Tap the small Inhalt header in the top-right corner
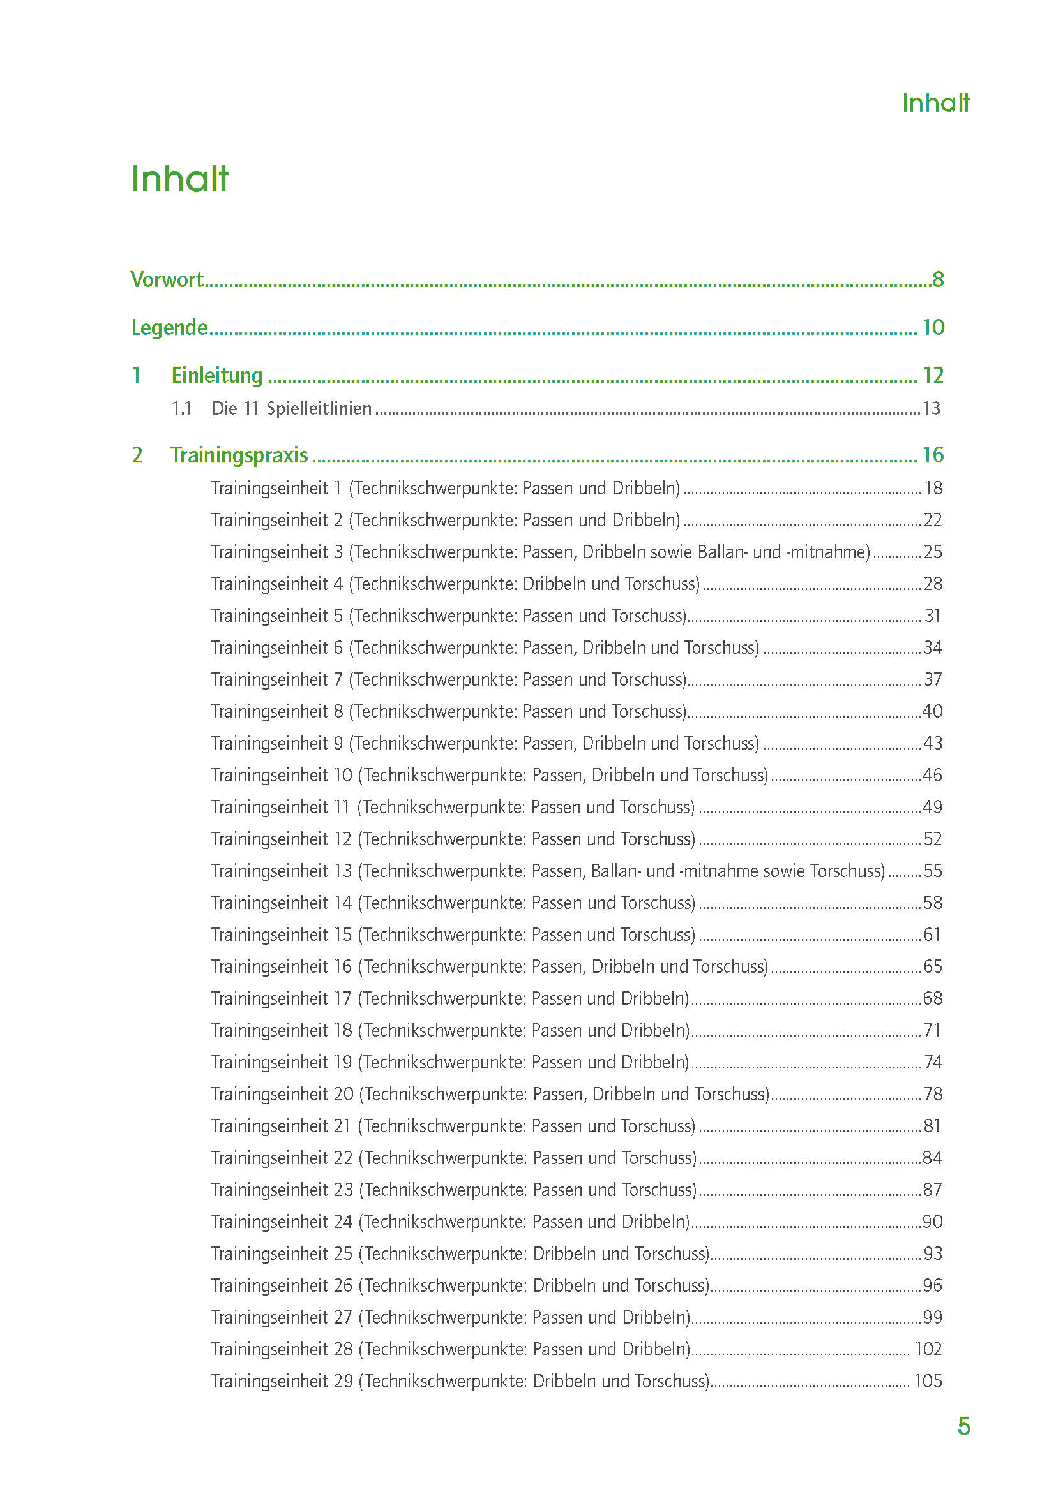point(935,103)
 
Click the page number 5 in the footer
point(963,1426)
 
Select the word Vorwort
point(167,279)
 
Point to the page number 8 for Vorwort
point(938,279)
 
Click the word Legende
point(170,327)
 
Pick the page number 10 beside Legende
point(933,327)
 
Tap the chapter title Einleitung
point(217,376)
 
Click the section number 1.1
point(181,409)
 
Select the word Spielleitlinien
point(319,409)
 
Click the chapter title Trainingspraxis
point(239,455)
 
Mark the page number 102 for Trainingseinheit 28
point(928,1349)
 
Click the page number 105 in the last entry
point(928,1381)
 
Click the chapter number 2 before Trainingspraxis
point(137,455)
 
